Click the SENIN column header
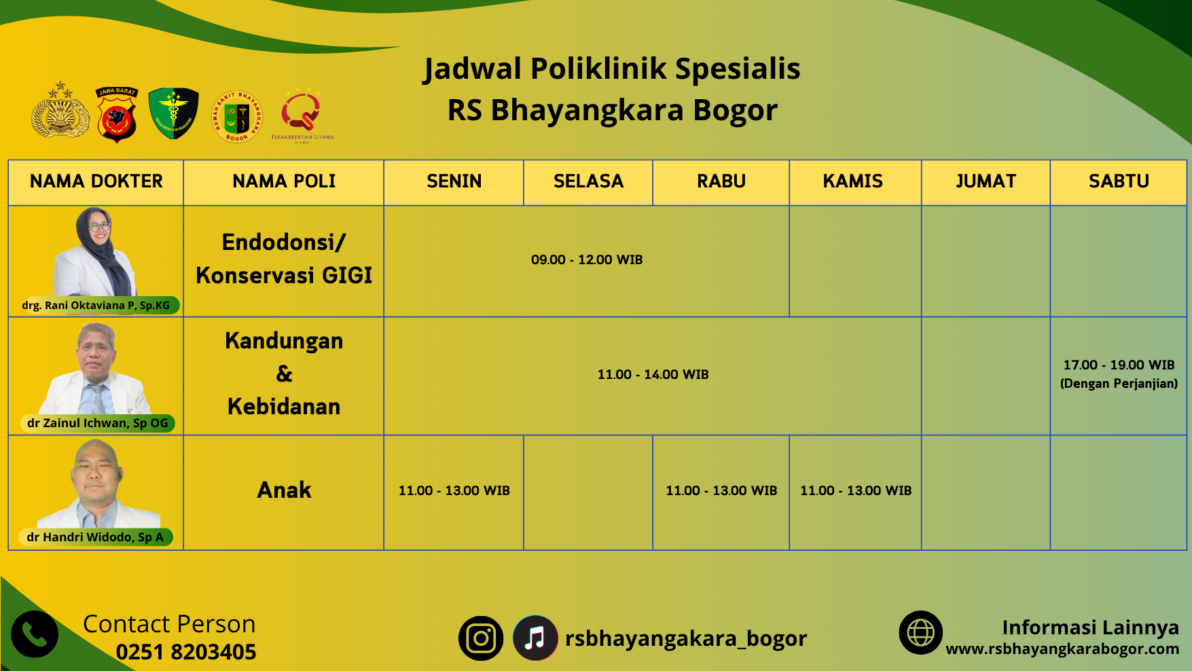[x=454, y=181]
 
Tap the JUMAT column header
[x=986, y=181]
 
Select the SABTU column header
[x=1119, y=181]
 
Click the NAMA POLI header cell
[x=284, y=181]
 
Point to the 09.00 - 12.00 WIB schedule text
[x=587, y=259]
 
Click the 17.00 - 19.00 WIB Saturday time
[x=1119, y=365]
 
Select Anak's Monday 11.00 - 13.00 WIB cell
[x=454, y=490]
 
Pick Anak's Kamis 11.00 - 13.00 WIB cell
[x=856, y=490]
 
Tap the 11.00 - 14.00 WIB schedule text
[x=653, y=374]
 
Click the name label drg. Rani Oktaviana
[x=96, y=306]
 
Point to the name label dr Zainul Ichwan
[x=98, y=423]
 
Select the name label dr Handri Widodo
[x=95, y=537]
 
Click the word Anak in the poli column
[x=284, y=490]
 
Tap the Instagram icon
[x=481, y=638]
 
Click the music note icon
[x=535, y=638]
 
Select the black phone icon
[x=35, y=634]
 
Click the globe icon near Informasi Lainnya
[x=921, y=633]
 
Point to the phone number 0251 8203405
[x=186, y=652]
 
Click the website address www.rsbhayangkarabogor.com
[x=1062, y=649]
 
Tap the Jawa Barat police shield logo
[x=117, y=114]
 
